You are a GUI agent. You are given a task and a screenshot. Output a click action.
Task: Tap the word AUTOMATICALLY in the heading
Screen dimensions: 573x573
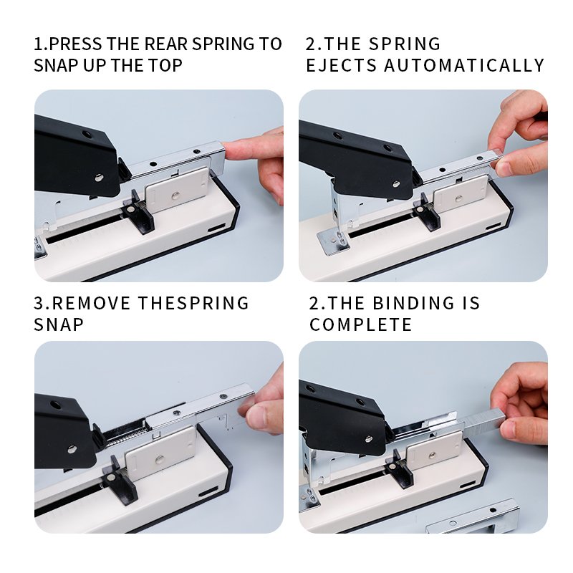(464, 66)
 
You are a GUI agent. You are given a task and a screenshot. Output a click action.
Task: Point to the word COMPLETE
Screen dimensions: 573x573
(361, 324)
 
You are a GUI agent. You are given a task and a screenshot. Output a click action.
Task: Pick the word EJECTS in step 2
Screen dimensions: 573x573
(342, 66)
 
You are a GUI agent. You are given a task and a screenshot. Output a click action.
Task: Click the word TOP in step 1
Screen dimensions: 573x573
(165, 66)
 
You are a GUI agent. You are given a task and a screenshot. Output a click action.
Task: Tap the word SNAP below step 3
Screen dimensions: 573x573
(59, 324)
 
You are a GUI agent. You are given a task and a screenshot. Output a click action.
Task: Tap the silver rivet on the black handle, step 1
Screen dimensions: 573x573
(99, 178)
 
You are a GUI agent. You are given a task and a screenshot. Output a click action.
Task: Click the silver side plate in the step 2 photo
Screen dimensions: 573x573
(461, 194)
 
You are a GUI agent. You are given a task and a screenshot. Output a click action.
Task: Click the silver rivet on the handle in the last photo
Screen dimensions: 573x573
(369, 439)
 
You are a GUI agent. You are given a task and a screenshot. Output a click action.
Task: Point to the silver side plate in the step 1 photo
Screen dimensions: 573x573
(177, 190)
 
